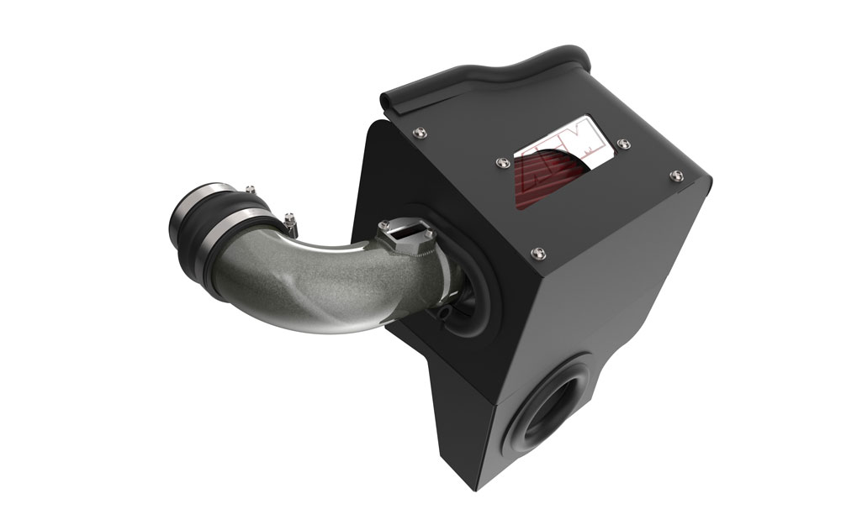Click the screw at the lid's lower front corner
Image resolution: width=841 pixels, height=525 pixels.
pyautogui.click(x=537, y=249)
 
